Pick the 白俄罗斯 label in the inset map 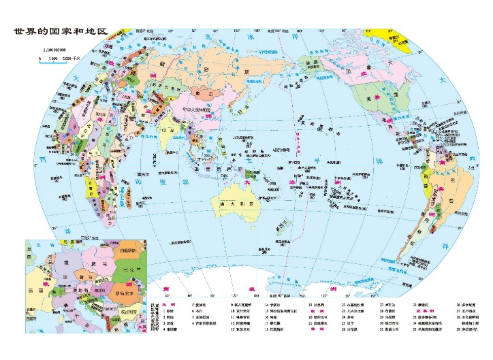click(x=126, y=250)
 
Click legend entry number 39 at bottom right click(x=466, y=329)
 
